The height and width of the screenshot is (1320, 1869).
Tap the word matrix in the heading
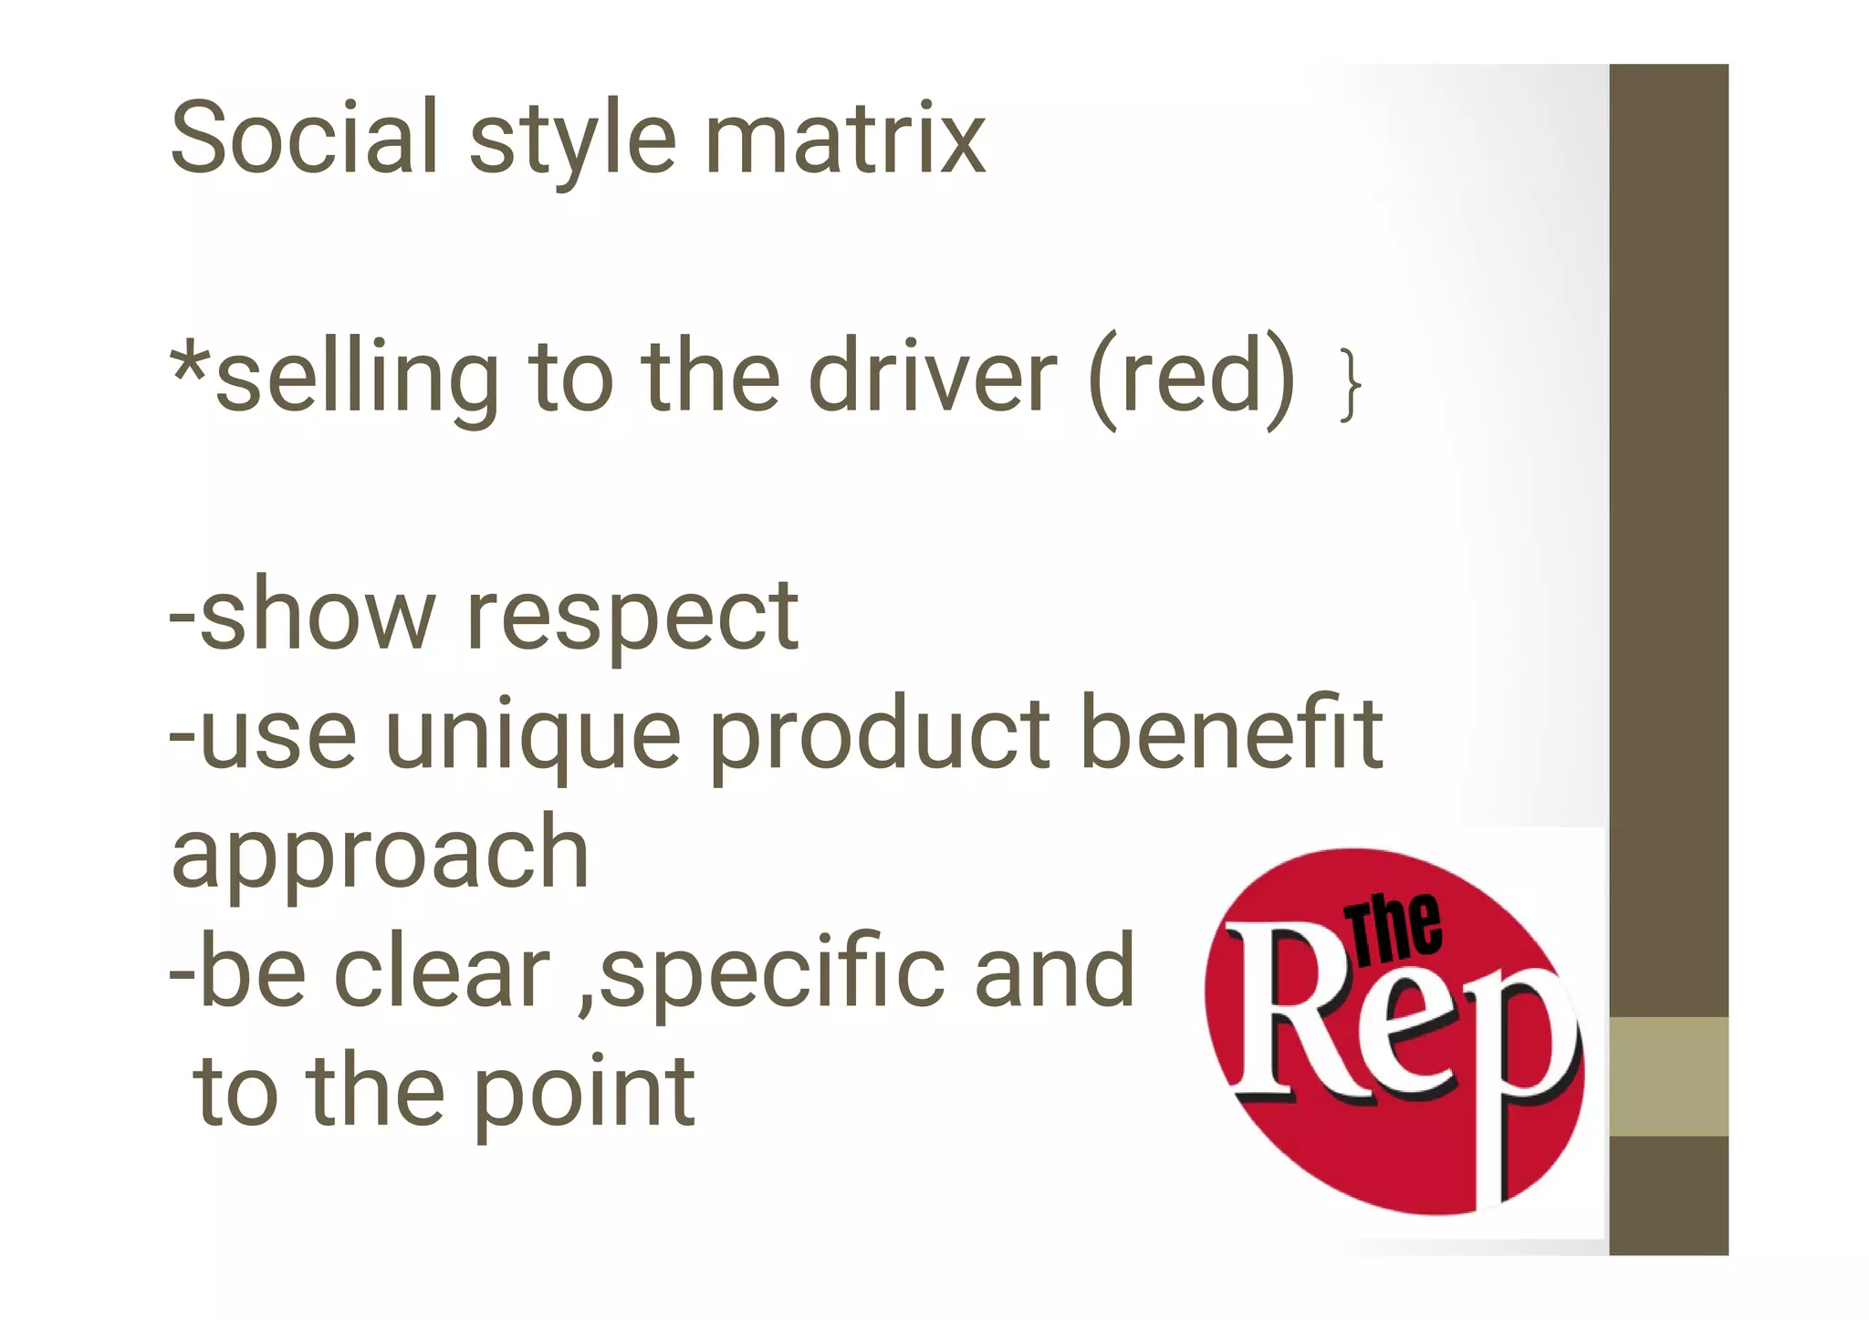845,139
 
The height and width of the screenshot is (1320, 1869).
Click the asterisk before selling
191,365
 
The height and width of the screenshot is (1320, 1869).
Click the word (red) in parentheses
1192,378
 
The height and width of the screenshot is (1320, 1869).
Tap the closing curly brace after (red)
1350,386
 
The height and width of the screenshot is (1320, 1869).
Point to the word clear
443,972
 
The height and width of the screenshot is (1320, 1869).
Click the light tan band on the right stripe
1668,1076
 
